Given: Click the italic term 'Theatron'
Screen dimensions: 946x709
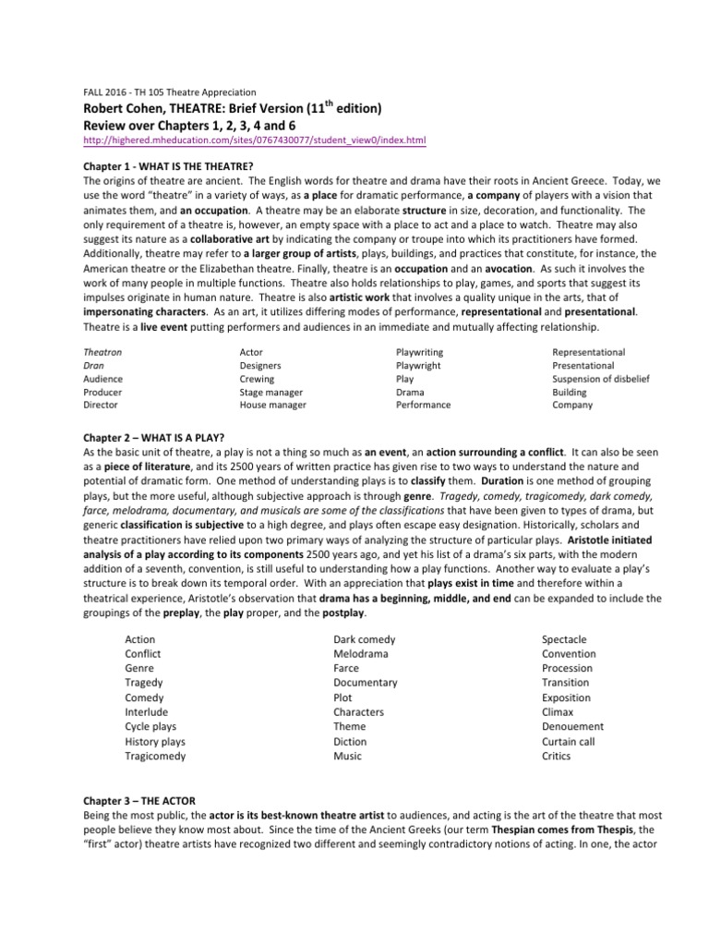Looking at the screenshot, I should (102, 352).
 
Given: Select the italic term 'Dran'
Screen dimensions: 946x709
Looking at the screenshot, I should (94, 365).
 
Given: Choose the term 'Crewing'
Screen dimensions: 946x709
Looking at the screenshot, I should (257, 378).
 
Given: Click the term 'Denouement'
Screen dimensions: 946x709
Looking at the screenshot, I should (572, 726).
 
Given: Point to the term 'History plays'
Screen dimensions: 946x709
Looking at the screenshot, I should (155, 741).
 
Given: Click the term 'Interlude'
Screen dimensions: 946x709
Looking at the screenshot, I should (146, 711).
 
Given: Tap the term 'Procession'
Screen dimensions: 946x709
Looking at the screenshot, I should (567, 668).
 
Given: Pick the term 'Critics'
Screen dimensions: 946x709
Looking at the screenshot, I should (556, 756).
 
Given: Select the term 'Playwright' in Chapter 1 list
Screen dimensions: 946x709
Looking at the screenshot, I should (418, 365).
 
